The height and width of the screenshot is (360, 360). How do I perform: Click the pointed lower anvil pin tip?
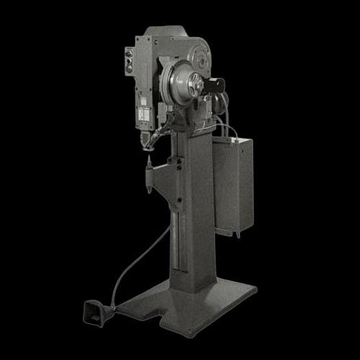click(x=147, y=164)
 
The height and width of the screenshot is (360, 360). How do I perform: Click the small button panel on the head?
click(x=129, y=61)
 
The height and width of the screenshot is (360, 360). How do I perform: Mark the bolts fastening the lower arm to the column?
click(x=178, y=165)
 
